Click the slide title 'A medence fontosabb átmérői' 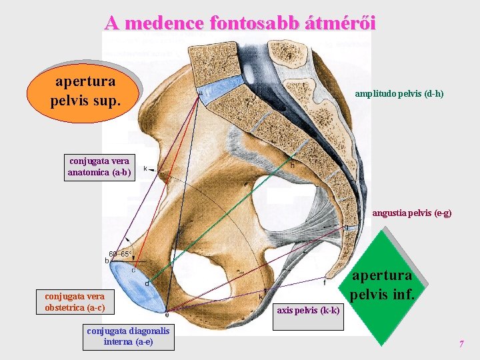(x=240, y=23)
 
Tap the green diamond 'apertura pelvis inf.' (x=382, y=284)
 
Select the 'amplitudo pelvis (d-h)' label (x=399, y=95)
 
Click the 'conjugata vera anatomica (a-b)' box (x=99, y=167)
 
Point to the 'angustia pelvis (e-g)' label (x=411, y=213)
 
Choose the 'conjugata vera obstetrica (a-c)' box (x=75, y=301)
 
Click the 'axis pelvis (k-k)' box (x=309, y=311)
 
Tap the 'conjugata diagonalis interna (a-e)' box (x=128, y=336)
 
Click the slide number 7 (x=461, y=344)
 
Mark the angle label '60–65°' (x=120, y=254)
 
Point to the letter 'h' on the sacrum (x=292, y=165)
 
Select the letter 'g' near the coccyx (x=346, y=227)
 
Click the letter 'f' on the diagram (x=325, y=282)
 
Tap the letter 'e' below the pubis (x=167, y=314)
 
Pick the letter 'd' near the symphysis (x=147, y=284)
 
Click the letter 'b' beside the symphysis (x=107, y=261)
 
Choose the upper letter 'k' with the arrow (x=145, y=169)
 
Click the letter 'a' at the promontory (x=200, y=94)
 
